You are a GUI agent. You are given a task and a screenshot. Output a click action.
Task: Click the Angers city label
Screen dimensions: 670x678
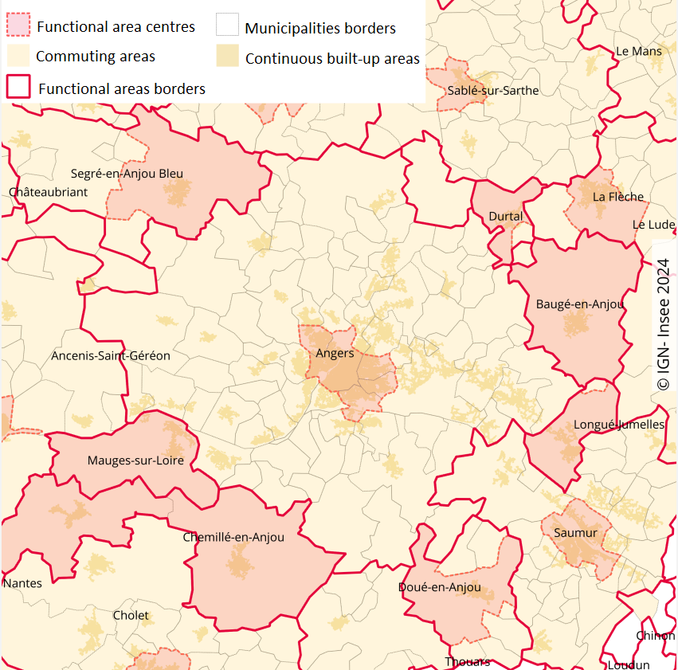[335, 354]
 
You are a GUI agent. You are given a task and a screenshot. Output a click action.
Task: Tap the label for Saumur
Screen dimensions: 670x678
[575, 533]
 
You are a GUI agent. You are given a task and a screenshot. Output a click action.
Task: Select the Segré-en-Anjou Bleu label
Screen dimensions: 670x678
[127, 174]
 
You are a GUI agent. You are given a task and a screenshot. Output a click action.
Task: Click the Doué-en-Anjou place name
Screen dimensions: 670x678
[439, 588]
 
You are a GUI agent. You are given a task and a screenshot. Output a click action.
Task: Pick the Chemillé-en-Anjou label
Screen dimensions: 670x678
[233, 537]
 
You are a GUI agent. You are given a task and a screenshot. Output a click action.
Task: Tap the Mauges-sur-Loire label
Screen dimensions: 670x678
[135, 460]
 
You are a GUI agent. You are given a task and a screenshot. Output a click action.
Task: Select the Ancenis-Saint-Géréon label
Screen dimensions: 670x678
[111, 355]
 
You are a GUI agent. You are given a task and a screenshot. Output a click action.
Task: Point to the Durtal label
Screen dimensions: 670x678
[506, 217]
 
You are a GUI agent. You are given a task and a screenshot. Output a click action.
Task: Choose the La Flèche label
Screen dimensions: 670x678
[617, 197]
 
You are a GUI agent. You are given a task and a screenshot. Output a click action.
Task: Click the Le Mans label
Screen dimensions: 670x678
[639, 51]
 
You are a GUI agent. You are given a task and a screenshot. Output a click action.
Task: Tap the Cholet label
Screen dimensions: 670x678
[131, 615]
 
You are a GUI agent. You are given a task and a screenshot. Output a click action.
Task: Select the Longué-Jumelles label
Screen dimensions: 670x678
[618, 425]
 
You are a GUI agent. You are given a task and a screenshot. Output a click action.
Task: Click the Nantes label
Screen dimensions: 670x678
[22, 583]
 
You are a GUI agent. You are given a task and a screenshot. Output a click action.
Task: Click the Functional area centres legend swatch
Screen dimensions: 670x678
[18, 25]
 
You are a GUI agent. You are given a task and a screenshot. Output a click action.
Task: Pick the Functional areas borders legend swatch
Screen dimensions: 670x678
[18, 87]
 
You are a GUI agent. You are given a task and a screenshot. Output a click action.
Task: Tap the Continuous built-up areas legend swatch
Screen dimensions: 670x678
[227, 57]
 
